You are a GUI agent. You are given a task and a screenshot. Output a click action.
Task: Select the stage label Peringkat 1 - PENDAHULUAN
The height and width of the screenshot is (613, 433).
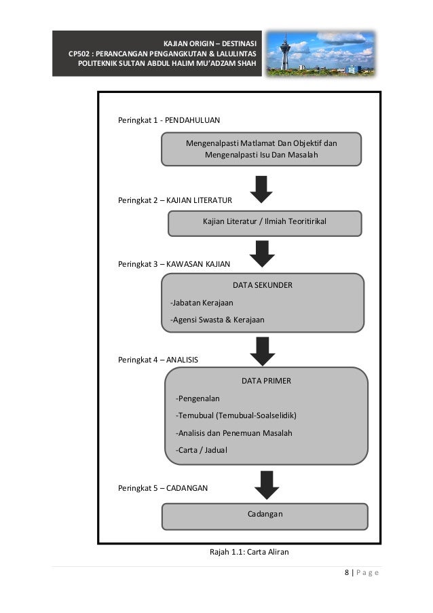tap(169, 120)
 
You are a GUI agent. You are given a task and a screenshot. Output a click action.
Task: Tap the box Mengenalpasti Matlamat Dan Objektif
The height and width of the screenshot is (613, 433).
tap(261, 149)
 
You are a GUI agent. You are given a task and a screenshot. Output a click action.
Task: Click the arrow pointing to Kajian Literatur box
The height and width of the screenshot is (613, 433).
tap(261, 189)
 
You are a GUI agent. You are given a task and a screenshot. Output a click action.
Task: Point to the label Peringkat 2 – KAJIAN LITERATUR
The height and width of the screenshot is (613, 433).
tap(175, 200)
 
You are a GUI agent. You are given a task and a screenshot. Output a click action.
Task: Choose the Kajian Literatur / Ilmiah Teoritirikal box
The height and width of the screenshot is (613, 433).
tap(265, 223)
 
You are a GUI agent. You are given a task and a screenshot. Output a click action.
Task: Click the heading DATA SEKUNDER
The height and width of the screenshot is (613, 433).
tap(263, 285)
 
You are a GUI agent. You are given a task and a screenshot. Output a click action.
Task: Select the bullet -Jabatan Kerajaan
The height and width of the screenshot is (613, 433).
tap(202, 303)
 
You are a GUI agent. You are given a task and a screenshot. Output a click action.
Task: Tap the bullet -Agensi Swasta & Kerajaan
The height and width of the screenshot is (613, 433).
tap(217, 320)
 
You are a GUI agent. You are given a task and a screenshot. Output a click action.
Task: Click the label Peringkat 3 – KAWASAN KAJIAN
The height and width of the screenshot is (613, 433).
tap(174, 264)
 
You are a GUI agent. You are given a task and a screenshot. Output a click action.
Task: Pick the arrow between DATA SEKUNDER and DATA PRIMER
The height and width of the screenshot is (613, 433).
tap(263, 351)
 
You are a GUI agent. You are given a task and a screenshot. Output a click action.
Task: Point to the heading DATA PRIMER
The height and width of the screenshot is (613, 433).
tap(266, 381)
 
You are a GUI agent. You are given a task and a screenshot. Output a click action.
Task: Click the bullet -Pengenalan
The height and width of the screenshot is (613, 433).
tap(197, 398)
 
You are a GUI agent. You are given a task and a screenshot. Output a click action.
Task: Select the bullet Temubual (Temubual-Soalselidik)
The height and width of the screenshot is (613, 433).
tap(236, 415)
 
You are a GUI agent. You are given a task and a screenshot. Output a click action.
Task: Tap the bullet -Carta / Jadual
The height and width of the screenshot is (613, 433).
tap(202, 450)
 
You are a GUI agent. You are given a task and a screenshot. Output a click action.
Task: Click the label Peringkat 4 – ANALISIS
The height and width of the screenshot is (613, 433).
tap(158, 360)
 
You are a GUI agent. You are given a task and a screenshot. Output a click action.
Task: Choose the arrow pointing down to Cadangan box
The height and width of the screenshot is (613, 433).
tap(267, 485)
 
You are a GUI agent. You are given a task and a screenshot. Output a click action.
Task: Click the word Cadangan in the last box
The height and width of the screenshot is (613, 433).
tap(265, 514)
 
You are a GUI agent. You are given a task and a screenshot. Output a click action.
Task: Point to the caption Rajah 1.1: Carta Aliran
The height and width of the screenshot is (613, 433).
tap(249, 552)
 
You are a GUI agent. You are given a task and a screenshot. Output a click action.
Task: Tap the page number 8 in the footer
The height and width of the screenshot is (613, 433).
tap(347, 572)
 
